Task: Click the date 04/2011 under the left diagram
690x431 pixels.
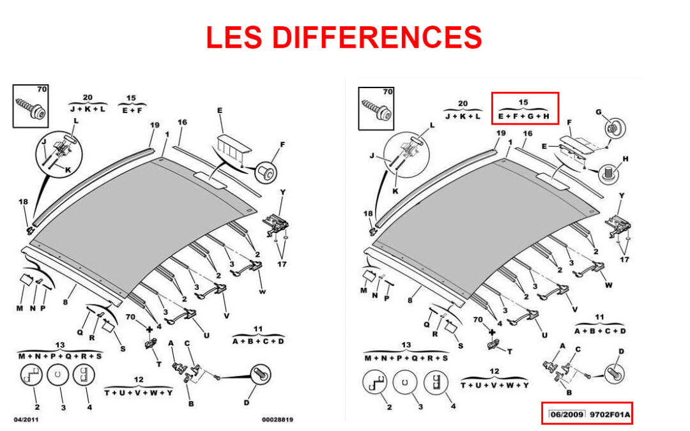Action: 26,420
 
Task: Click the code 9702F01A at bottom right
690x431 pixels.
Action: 609,414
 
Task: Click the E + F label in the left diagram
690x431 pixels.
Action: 132,110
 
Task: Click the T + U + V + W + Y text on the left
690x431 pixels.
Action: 139,392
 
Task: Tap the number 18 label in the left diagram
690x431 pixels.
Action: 23,202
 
